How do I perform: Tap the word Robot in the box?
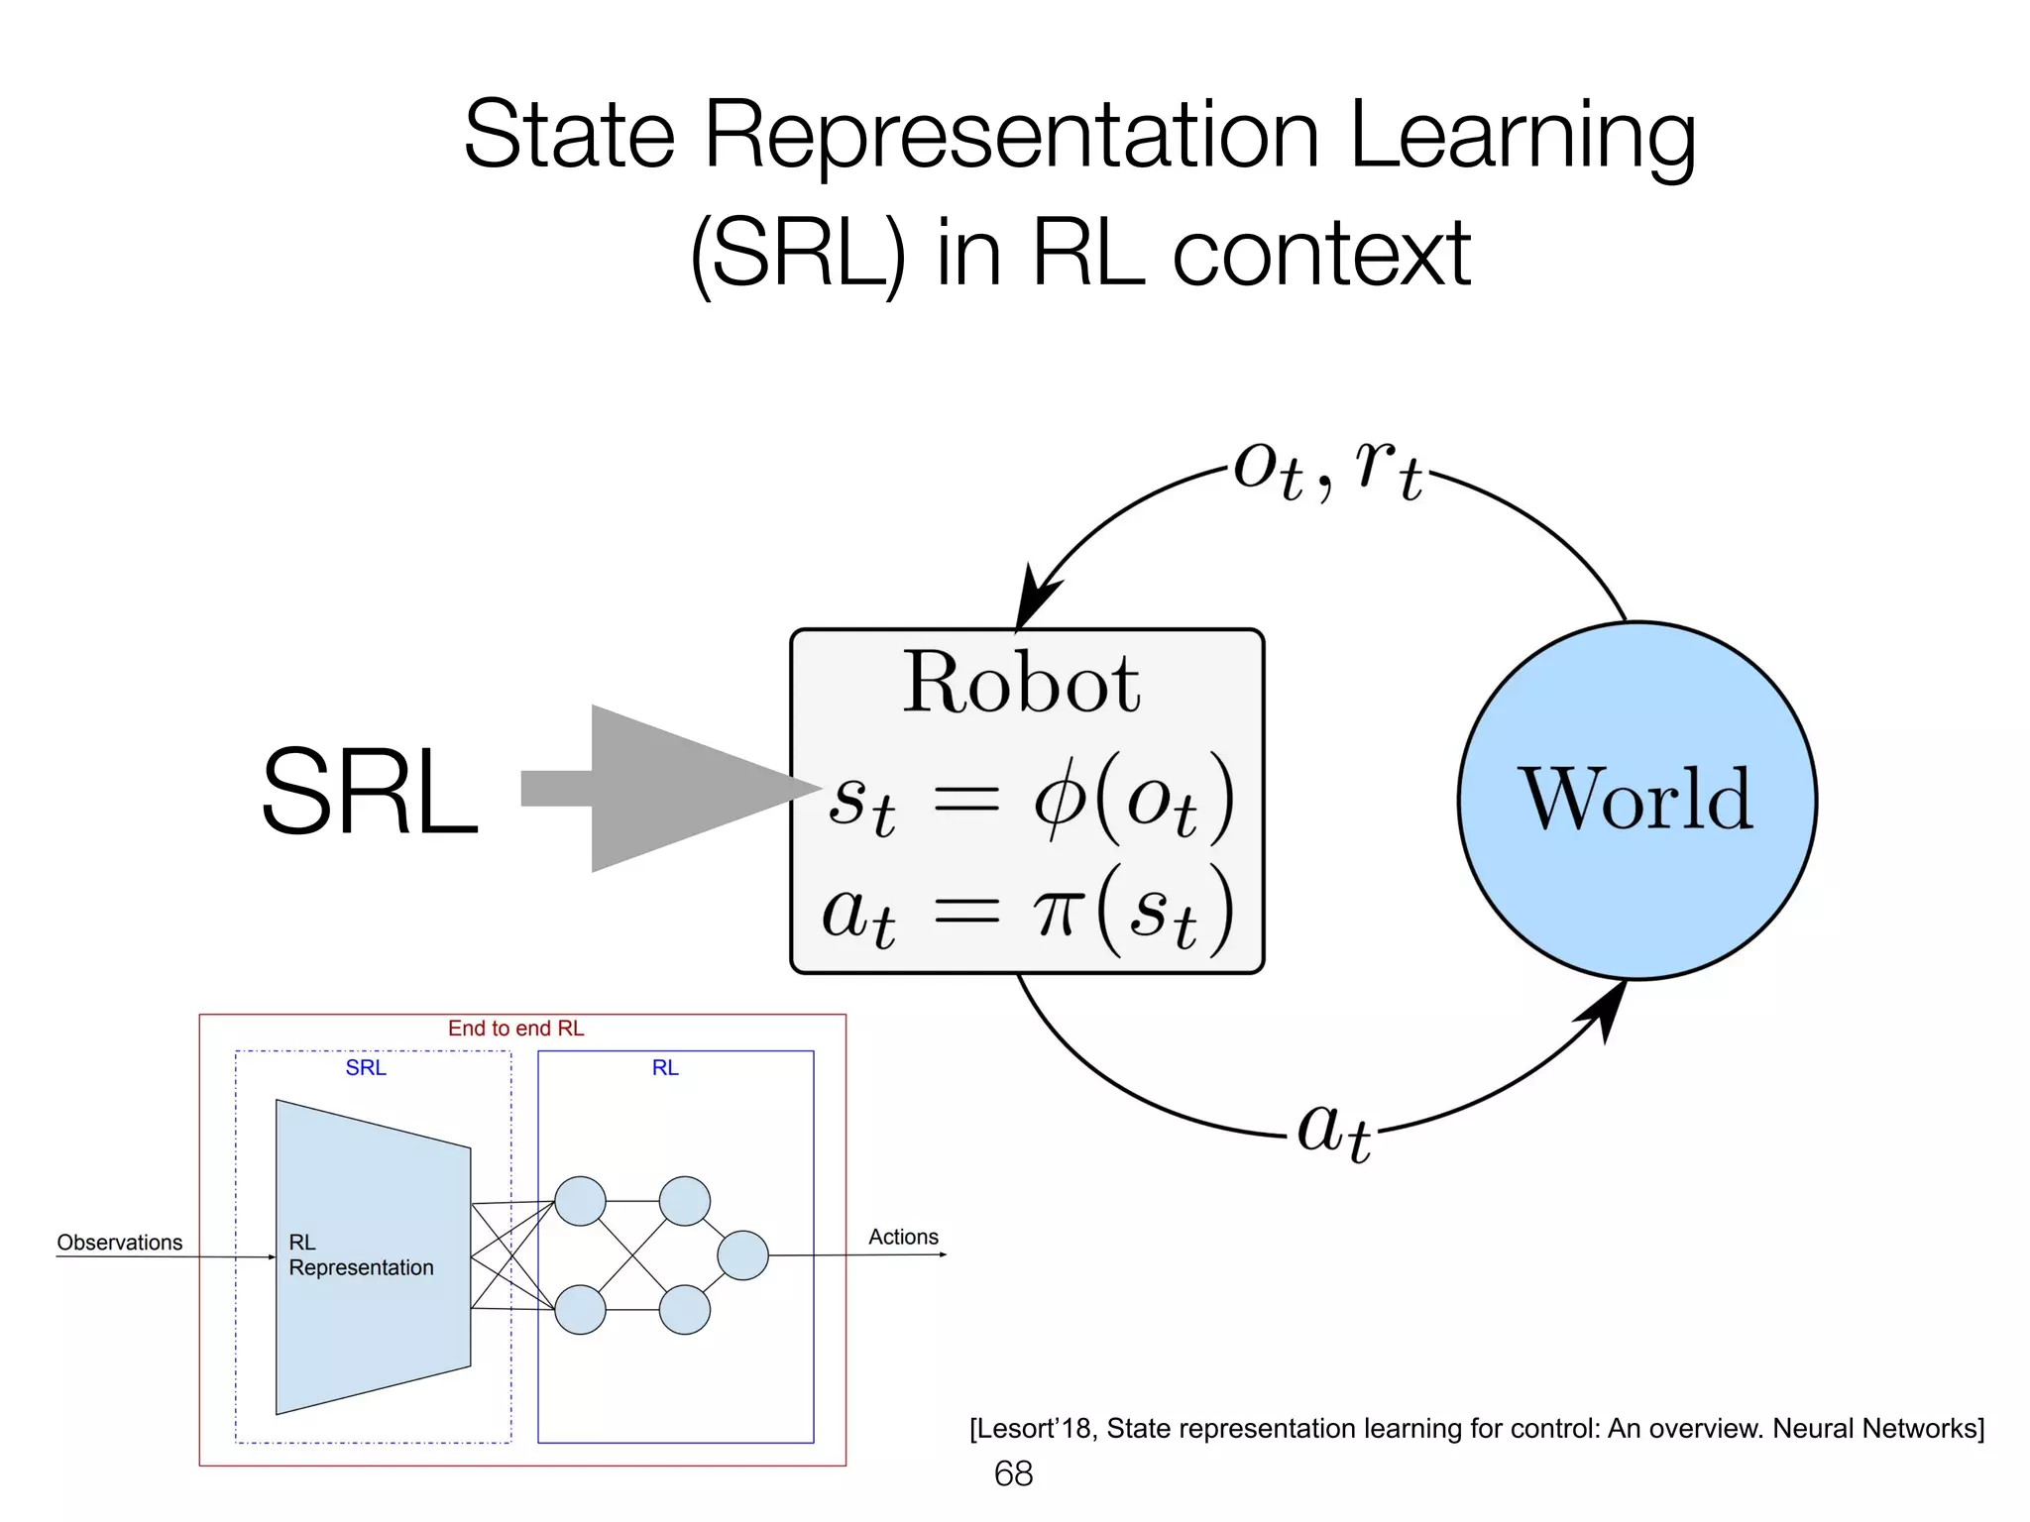point(1021,684)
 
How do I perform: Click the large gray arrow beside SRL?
point(674,789)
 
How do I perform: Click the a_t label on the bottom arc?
point(1334,1130)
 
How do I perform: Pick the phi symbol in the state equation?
point(1061,799)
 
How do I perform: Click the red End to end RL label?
point(515,1029)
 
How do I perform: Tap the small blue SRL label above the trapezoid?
point(366,1068)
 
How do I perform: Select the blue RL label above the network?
point(665,1068)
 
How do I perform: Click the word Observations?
point(119,1243)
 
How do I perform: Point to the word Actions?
point(903,1237)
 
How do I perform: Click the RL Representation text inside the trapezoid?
point(360,1255)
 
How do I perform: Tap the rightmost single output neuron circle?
point(742,1255)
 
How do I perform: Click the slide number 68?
point(1013,1473)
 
